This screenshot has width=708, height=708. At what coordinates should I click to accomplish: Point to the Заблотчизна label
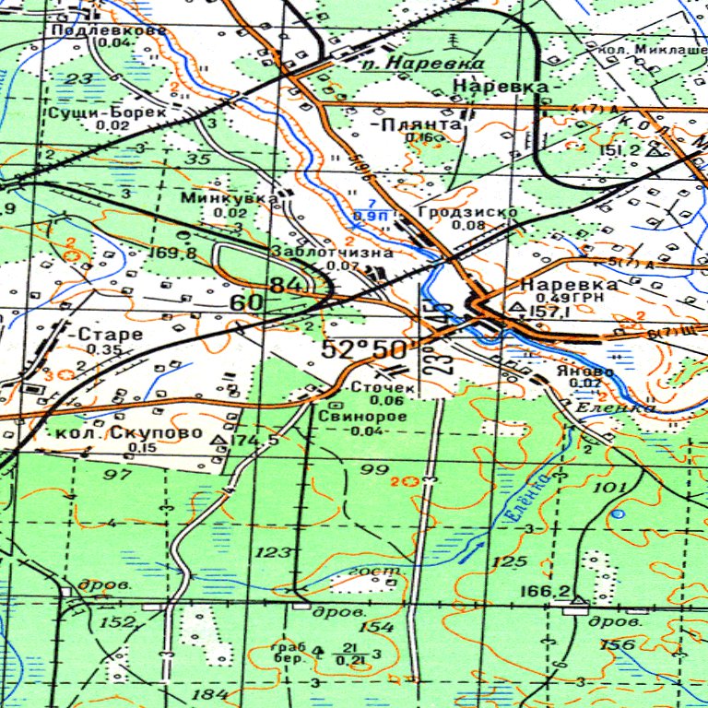coord(332,253)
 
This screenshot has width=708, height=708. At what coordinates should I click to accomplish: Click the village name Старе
coord(111,334)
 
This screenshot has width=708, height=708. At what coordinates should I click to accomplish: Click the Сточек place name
coord(378,388)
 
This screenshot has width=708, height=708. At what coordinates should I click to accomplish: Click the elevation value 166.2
coord(544,591)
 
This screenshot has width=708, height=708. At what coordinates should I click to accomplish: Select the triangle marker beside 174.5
coord(219,442)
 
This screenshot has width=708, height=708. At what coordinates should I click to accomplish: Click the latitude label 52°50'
coord(365,350)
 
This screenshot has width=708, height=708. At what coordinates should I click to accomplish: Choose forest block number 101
coord(611,487)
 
